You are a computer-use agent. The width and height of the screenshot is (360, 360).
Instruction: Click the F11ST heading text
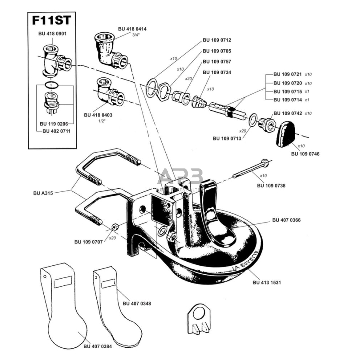49,20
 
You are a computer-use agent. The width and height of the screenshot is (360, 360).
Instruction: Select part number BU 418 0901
52,34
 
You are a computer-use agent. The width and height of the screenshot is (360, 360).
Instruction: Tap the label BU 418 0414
132,29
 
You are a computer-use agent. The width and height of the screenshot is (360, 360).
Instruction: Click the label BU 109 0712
217,40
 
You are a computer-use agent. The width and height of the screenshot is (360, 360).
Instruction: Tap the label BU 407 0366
287,220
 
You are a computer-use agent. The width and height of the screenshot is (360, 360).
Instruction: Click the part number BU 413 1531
267,283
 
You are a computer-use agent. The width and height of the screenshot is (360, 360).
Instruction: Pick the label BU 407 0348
137,304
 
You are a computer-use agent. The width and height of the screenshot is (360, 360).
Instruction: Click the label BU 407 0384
98,346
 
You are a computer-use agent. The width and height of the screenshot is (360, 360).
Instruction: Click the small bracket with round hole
198,319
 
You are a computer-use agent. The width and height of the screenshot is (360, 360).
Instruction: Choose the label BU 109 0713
227,138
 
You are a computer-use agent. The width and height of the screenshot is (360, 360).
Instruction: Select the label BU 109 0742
288,113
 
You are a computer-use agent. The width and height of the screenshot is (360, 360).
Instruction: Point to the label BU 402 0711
56,131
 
